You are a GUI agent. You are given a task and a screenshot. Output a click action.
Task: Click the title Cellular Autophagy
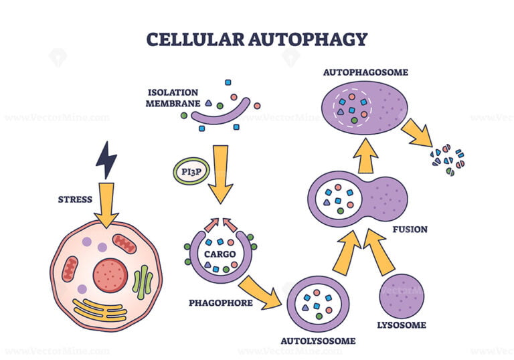coord(257,39)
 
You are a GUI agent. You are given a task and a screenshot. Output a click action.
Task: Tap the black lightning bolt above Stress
coord(106,160)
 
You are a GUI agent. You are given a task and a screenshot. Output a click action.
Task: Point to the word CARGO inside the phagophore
coord(220,254)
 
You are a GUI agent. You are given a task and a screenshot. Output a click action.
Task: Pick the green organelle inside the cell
coord(143,281)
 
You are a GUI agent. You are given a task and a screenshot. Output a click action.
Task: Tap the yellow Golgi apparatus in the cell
coord(101,309)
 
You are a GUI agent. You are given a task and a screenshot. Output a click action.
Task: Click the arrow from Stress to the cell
coord(106,204)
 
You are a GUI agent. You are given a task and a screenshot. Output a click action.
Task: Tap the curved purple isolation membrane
coord(221,112)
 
